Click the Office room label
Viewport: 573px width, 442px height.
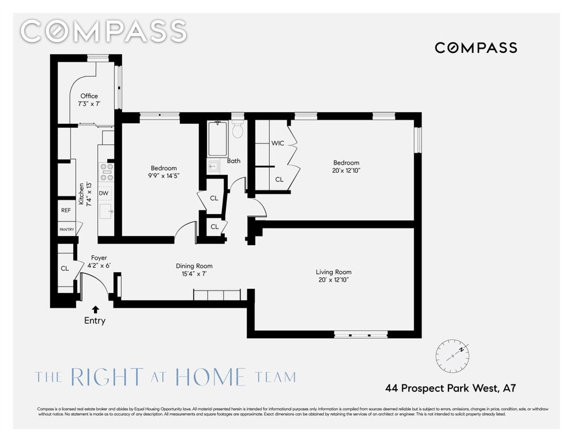pyautogui.click(x=89, y=96)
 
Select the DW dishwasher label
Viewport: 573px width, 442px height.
pyautogui.click(x=104, y=193)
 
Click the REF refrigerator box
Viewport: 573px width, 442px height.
pyautogui.click(x=66, y=210)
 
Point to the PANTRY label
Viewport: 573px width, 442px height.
pyautogui.click(x=66, y=229)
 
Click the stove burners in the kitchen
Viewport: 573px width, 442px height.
pyautogui.click(x=106, y=172)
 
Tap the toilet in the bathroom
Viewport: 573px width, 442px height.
pyautogui.click(x=237, y=130)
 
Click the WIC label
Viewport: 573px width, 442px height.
pyautogui.click(x=277, y=143)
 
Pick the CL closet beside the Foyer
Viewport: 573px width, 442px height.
pyautogui.click(x=64, y=268)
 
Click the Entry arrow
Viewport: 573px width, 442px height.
pyautogui.click(x=95, y=309)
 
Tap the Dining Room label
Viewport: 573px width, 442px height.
pyautogui.click(x=194, y=266)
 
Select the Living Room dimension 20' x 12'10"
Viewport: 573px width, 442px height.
pyautogui.click(x=333, y=280)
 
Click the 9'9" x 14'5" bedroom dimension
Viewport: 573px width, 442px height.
pyautogui.click(x=164, y=175)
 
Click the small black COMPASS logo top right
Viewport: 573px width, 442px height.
pyautogui.click(x=476, y=48)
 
